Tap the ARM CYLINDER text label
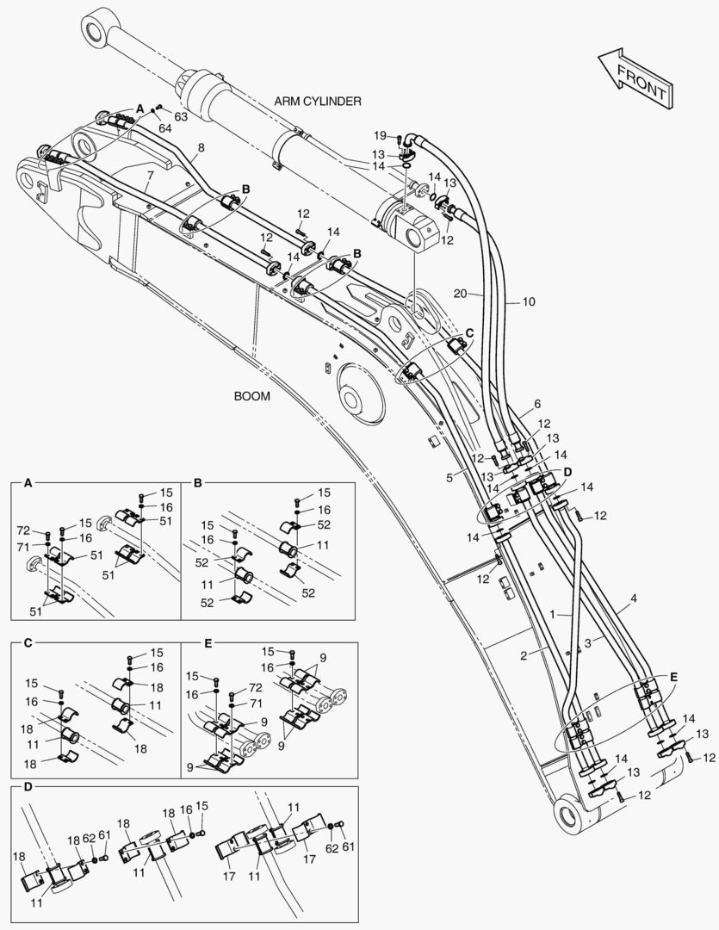pos(318,101)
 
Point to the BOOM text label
pos(251,397)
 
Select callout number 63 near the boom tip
pos(181,115)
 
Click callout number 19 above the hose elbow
pos(380,136)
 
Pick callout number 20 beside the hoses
pos(461,294)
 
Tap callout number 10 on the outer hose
pos(528,301)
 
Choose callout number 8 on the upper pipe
pos(200,147)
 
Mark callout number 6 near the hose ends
pos(536,403)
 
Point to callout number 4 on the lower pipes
pos(634,598)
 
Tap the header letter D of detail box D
pos(28,787)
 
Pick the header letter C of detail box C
pos(28,642)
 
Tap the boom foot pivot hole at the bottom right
pos(570,810)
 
